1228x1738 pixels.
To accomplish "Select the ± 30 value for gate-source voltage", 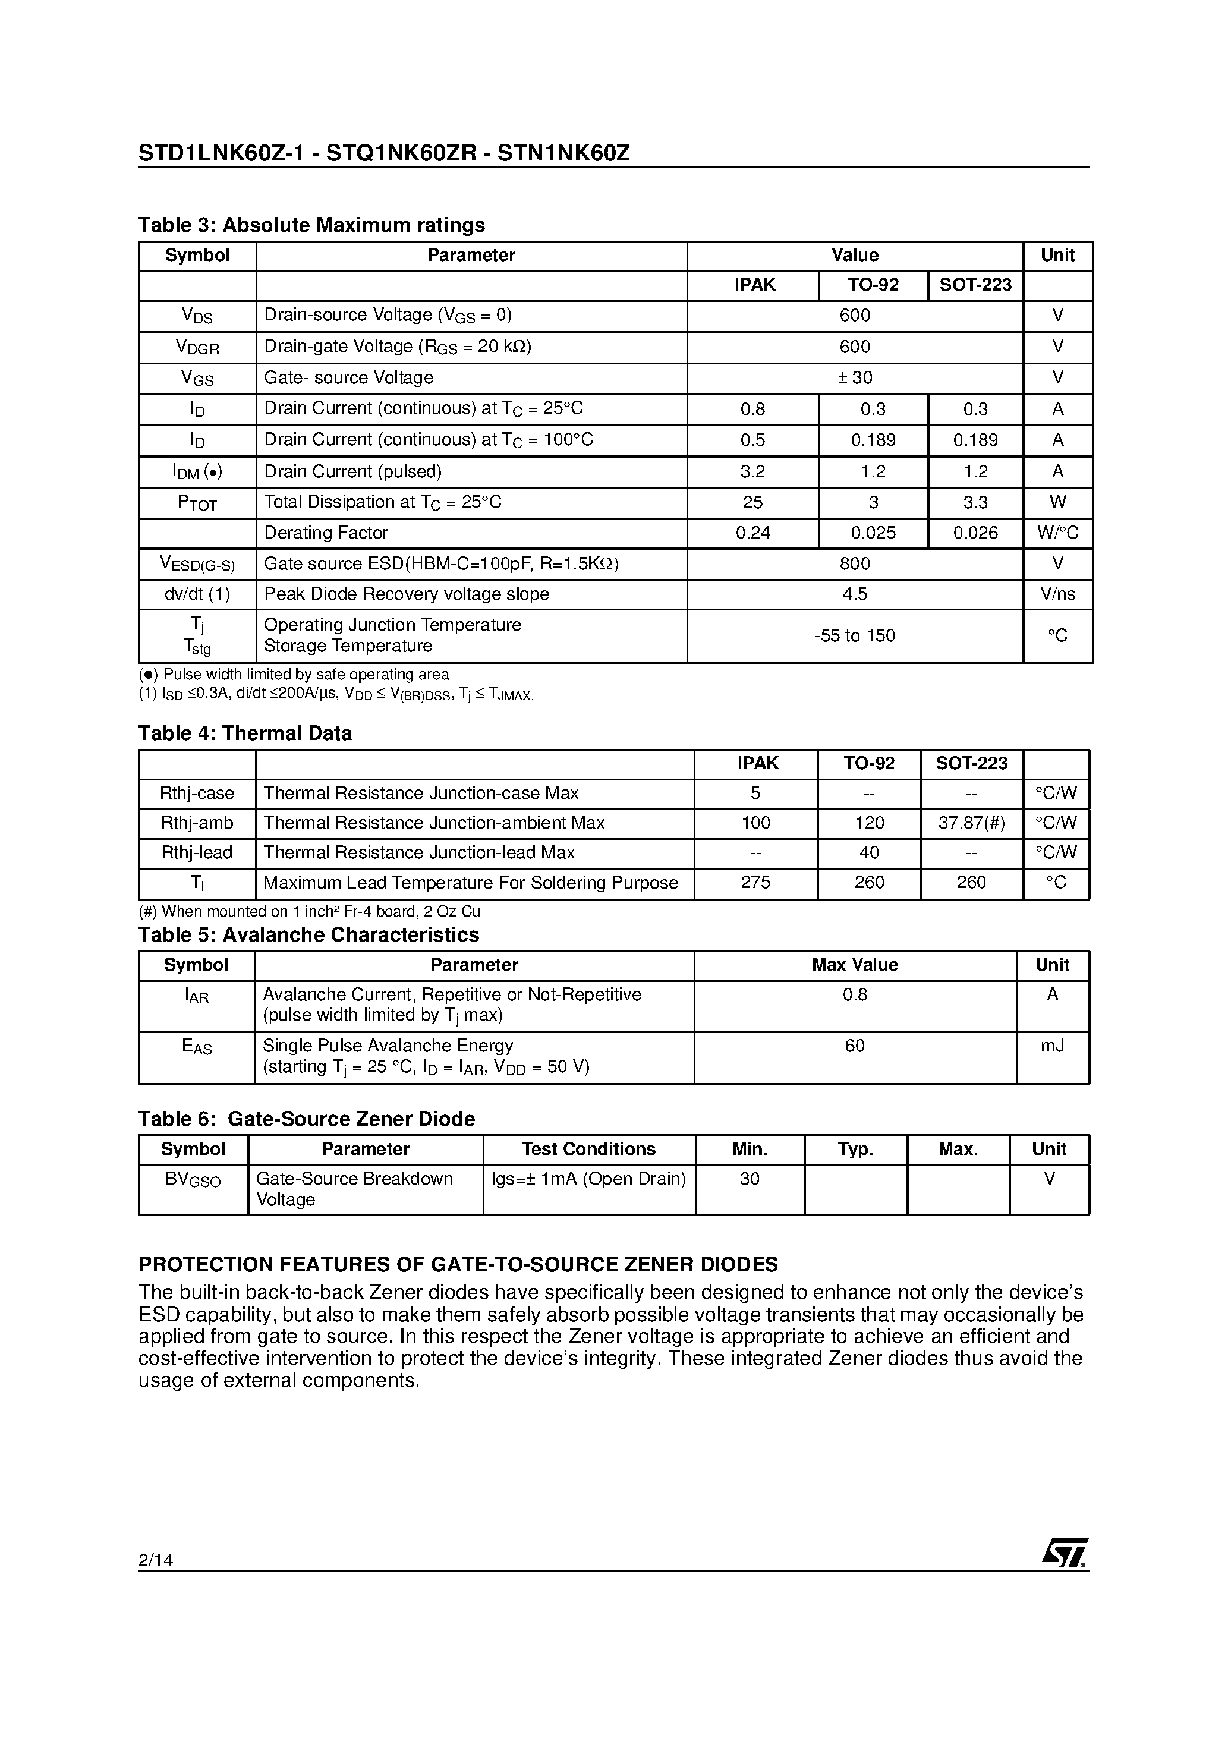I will tap(855, 377).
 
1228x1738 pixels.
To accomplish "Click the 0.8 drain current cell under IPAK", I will tap(752, 410).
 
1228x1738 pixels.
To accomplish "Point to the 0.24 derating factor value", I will tap(752, 533).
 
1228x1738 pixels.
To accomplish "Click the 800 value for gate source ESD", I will tap(855, 564).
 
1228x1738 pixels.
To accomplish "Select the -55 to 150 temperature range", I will tap(855, 636).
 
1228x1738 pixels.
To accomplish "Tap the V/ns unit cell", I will tap(1057, 594).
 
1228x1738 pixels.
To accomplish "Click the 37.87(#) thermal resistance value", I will tap(971, 823).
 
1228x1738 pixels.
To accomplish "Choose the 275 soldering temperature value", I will tap(755, 883).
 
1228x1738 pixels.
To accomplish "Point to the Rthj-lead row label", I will tap(197, 853).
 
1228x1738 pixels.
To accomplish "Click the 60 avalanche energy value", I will tap(855, 1046).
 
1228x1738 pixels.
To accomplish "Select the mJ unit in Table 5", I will tap(1052, 1046).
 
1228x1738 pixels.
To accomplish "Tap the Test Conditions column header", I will tap(588, 1149).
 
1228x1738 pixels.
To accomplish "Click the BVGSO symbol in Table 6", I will tap(193, 1179).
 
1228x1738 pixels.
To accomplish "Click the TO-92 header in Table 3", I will tap(873, 285).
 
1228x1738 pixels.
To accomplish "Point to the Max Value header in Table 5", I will tap(855, 965).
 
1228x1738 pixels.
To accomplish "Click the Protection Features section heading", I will tap(458, 1265).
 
